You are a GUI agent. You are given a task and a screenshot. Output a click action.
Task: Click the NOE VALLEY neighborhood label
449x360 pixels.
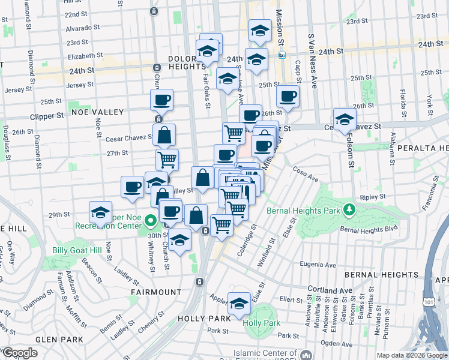coord(97,112)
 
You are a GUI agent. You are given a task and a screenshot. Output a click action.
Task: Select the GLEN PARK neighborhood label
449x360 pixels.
coord(59,339)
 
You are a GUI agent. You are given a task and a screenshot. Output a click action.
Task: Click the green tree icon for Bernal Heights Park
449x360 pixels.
coord(348,210)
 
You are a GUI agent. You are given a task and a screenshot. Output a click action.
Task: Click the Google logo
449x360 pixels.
coord(20,353)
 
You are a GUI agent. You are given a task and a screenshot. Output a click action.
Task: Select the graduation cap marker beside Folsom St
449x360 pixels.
coord(345,119)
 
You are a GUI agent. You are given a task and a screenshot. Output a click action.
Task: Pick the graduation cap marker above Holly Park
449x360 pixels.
coord(239,303)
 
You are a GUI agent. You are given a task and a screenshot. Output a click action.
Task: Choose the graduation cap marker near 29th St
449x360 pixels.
coord(101,212)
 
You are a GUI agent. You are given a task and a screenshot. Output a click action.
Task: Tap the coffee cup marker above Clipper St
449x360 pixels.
coord(161,100)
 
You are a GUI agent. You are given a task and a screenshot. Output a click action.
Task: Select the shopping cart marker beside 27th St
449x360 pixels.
coord(167,159)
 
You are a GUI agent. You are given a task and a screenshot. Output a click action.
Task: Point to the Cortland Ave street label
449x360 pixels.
coord(330,290)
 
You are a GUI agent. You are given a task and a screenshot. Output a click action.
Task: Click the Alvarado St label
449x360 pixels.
coord(83,28)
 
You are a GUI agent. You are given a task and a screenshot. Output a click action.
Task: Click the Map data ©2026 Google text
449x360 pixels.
coord(412,355)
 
